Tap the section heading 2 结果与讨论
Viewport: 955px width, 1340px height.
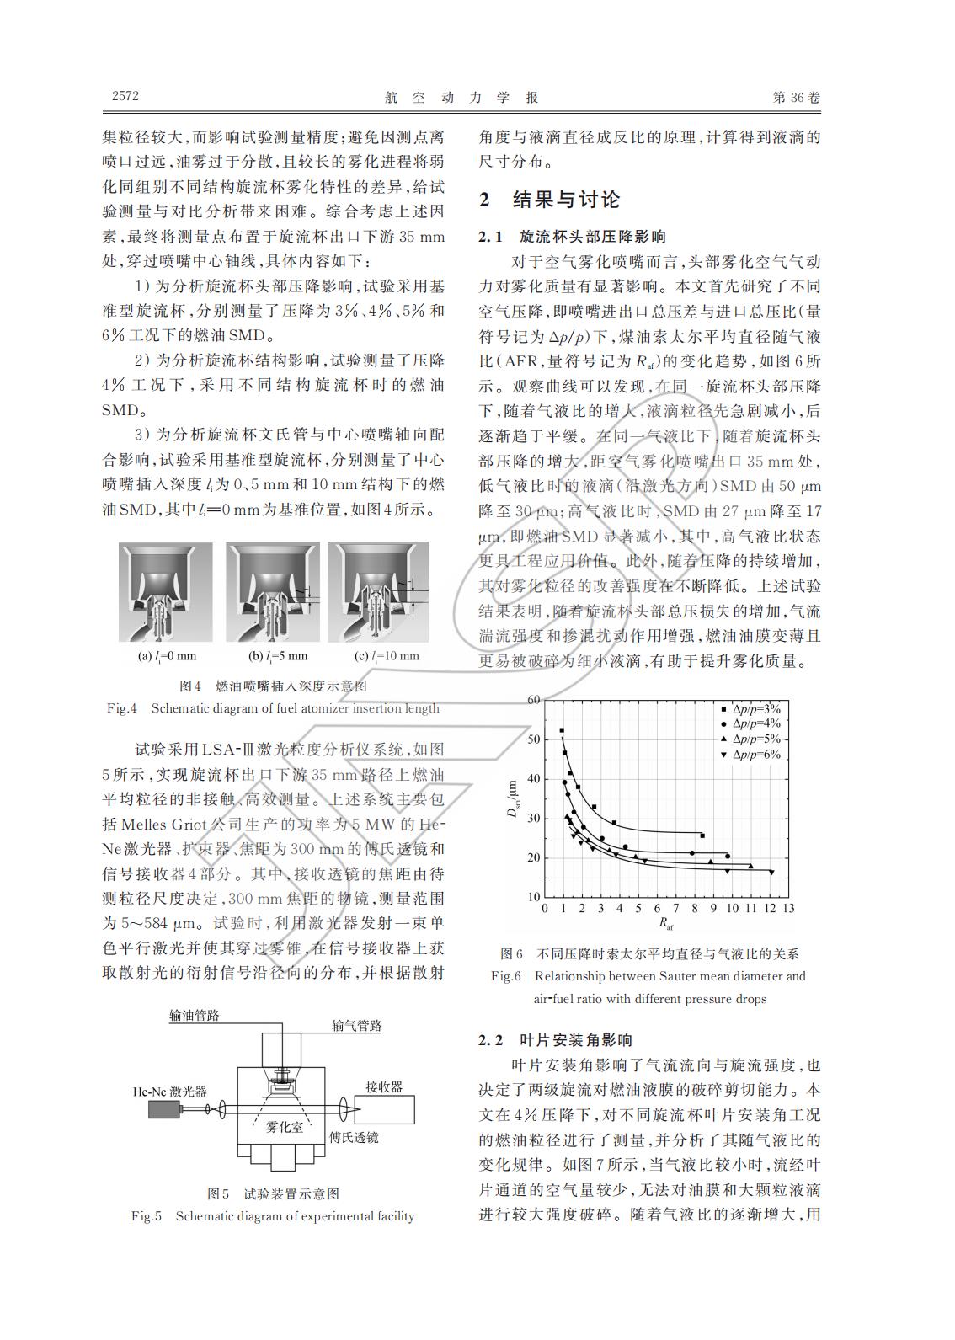tap(549, 200)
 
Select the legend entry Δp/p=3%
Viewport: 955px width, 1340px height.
tap(756, 709)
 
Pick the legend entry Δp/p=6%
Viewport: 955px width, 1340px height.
tap(756, 755)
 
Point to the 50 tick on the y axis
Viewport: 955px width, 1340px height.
tap(533, 739)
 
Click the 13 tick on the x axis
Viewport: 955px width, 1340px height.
tap(788, 909)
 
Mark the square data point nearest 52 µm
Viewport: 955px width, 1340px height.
tap(562, 730)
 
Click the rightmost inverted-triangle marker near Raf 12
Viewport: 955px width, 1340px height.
tap(771, 872)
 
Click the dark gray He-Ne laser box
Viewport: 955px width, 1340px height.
tap(168, 1110)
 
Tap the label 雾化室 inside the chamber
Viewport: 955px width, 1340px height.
tap(285, 1127)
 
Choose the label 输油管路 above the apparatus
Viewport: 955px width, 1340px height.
tap(195, 1016)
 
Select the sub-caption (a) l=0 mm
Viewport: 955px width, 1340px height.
tap(167, 656)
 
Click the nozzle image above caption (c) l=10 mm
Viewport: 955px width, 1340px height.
tap(378, 591)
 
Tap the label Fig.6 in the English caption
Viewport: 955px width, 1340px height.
tap(506, 977)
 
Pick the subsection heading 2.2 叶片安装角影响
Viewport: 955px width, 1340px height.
tap(556, 1040)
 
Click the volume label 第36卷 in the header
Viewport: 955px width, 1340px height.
tap(796, 97)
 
